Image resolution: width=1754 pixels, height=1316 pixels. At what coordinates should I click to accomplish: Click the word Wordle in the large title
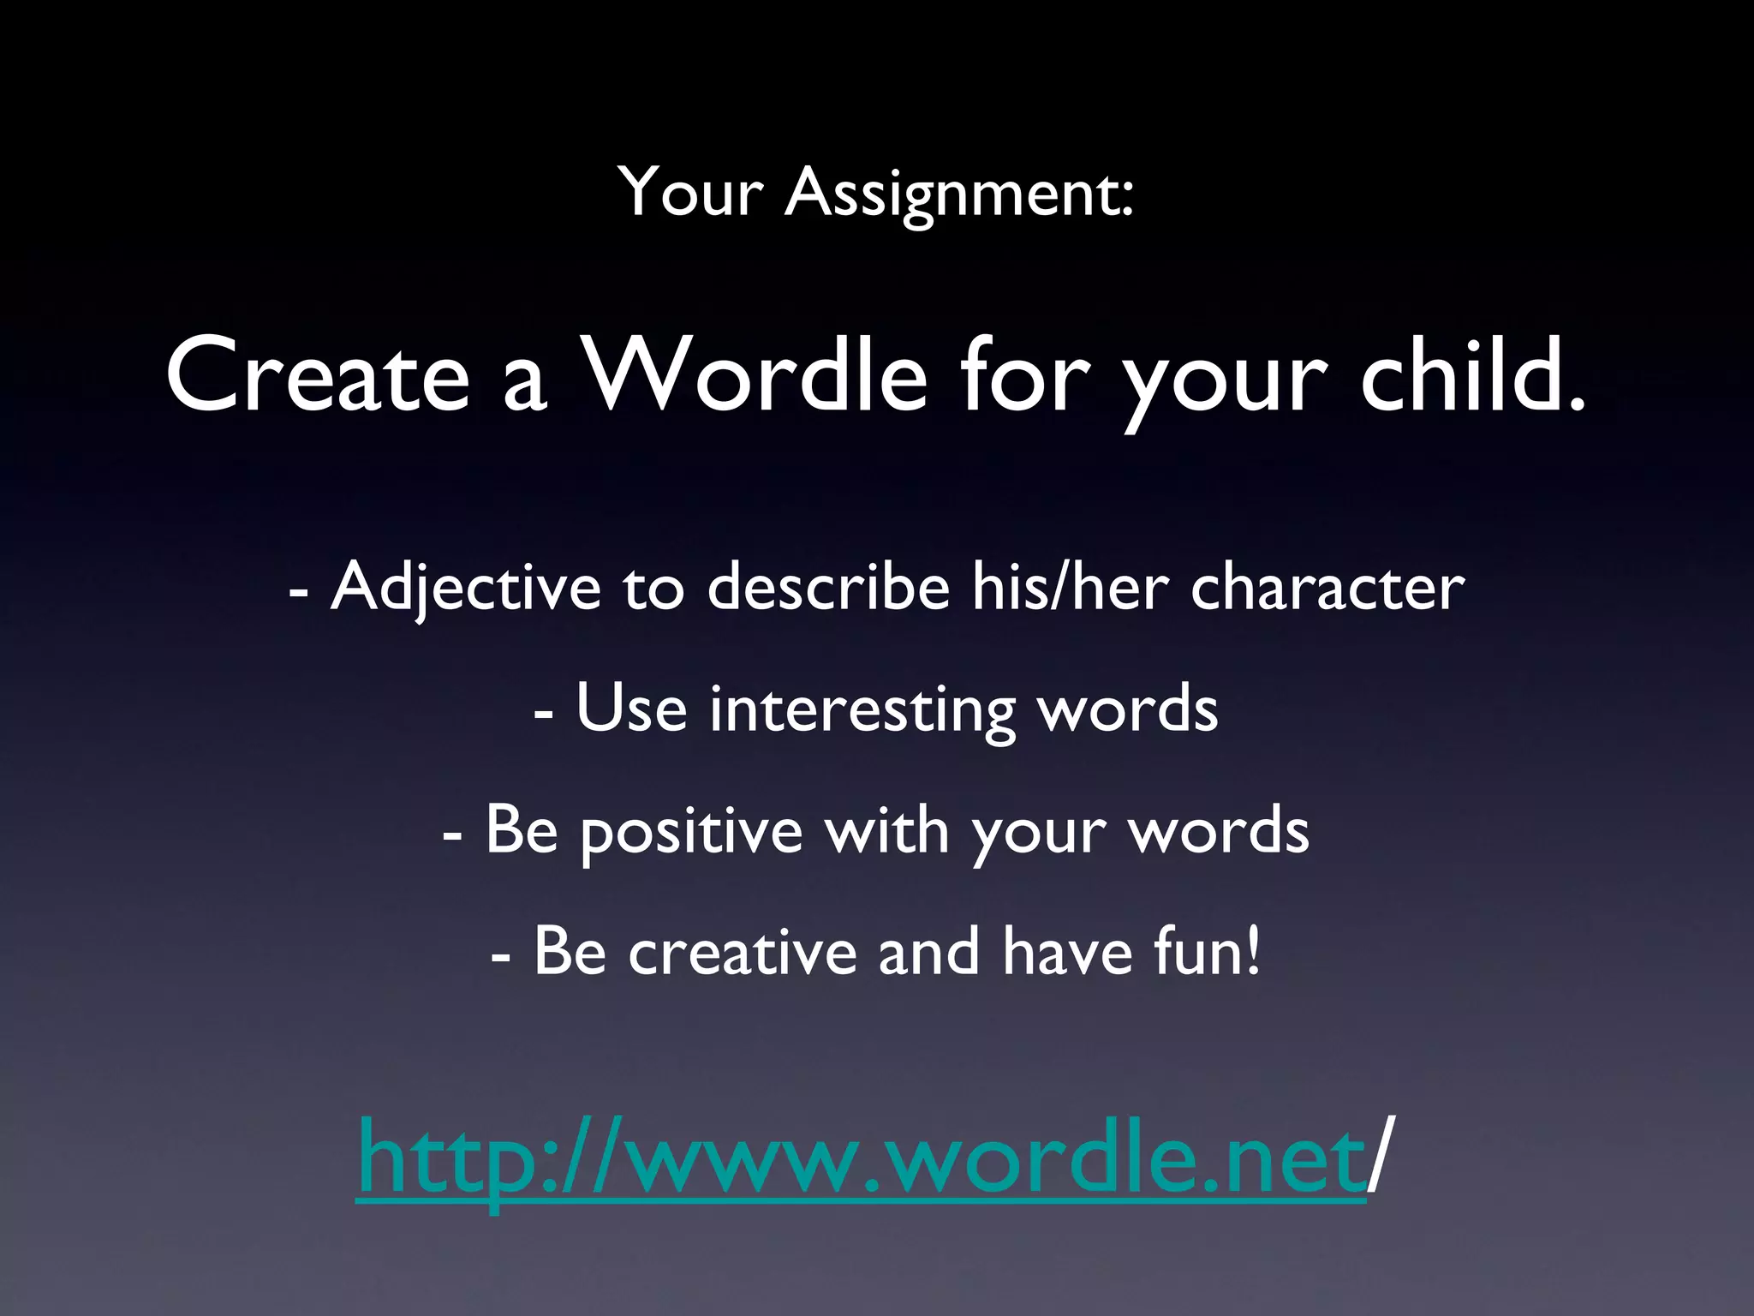click(x=754, y=375)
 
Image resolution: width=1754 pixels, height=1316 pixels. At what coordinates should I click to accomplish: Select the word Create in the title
click(x=318, y=375)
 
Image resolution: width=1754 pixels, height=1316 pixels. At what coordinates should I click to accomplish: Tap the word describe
click(x=828, y=588)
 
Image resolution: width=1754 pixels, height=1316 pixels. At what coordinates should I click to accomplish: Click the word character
click(x=1327, y=588)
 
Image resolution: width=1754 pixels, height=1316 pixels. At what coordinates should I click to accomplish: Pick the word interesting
click(x=862, y=710)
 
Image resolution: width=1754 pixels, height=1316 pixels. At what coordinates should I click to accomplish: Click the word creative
click(x=743, y=952)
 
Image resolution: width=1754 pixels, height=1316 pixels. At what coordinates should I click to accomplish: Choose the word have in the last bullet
click(x=1067, y=952)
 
